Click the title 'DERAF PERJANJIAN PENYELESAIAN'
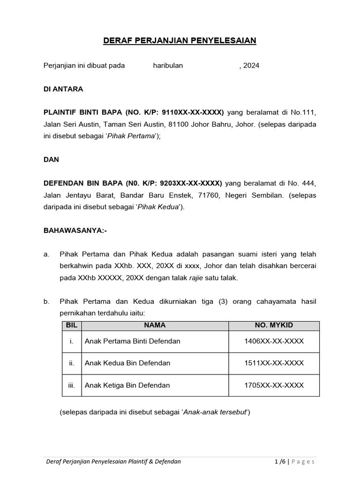(x=180, y=41)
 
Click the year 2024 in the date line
(x=251, y=66)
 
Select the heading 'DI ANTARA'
(x=63, y=89)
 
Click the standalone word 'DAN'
(x=52, y=159)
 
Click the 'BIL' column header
(x=71, y=325)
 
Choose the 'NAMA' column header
(x=155, y=325)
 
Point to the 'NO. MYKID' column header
(x=274, y=325)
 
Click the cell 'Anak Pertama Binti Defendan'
(x=133, y=341)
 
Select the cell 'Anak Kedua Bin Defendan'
(x=127, y=363)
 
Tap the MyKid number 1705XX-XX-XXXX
(x=274, y=385)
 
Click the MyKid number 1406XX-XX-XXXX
(x=274, y=341)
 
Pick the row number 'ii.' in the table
(x=71, y=363)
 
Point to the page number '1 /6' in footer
(x=281, y=462)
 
